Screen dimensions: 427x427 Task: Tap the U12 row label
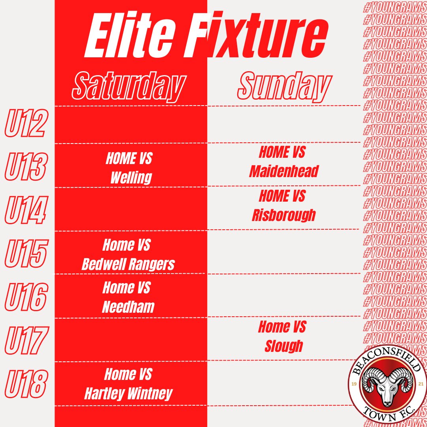click(25, 124)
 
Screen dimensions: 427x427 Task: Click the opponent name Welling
click(131, 178)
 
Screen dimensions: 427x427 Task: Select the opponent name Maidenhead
click(284, 171)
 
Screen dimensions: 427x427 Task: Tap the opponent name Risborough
click(284, 215)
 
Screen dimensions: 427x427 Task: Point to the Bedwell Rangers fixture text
click(128, 264)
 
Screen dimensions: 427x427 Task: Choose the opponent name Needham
click(128, 307)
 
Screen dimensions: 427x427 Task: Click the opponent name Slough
click(283, 346)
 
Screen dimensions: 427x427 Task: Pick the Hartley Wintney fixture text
click(128, 393)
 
